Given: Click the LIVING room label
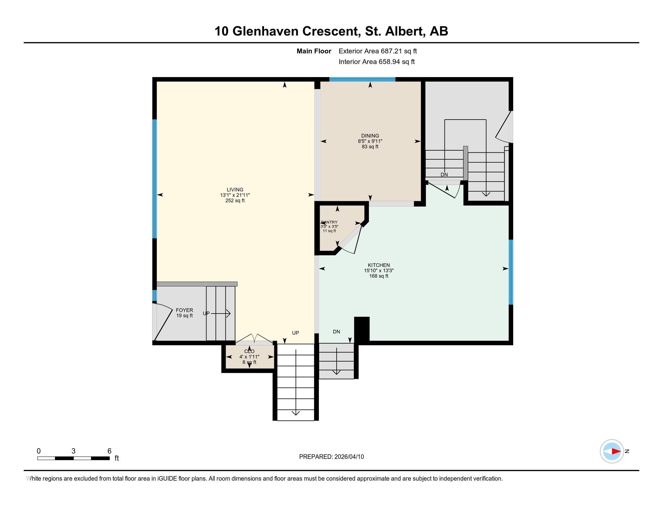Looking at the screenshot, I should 235,189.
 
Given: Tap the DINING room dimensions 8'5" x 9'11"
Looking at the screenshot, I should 370,141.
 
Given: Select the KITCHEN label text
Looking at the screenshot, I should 379,265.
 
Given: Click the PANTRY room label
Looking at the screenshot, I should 329,222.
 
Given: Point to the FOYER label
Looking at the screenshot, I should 184,310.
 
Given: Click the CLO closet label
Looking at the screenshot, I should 249,351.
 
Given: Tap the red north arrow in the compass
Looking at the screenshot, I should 616,451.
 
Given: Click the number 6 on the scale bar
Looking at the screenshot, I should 109,451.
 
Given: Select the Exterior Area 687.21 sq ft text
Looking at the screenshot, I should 378,51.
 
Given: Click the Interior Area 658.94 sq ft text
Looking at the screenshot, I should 376,62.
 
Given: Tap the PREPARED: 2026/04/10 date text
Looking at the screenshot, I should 331,457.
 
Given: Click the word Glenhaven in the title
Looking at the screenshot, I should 265,31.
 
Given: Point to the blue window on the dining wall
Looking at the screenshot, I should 362,80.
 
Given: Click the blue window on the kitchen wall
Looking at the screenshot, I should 511,272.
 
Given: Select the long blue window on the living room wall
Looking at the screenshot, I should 155,179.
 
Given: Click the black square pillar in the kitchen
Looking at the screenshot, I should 362,329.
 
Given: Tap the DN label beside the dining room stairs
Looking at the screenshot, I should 444,175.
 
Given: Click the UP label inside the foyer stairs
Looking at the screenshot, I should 206,313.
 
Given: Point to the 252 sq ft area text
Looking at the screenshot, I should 235,201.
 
